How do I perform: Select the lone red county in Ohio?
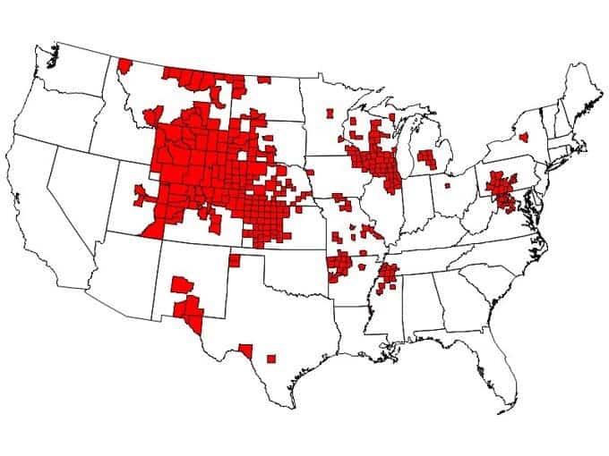point(447,186)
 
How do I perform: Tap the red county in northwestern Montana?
point(124,64)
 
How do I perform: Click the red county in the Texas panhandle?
point(234,260)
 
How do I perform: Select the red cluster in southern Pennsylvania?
point(500,190)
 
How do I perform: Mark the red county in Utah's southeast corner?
point(152,231)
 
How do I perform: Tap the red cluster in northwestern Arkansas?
point(340,265)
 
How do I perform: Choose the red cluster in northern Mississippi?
point(388,276)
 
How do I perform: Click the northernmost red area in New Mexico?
point(181,285)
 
